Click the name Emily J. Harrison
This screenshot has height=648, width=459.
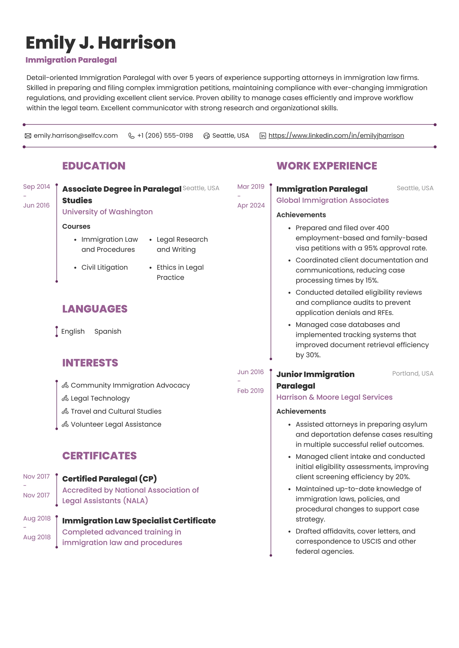click(x=101, y=43)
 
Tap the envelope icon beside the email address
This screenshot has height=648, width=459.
click(x=28, y=136)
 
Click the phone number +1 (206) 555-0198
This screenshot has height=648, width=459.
click(x=165, y=136)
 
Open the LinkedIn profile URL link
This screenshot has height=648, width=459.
click(x=336, y=136)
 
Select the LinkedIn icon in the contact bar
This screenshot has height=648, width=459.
click(x=263, y=136)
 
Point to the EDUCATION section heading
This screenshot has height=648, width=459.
click(x=94, y=166)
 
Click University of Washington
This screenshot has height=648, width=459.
click(x=107, y=212)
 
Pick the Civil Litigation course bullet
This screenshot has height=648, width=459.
click(x=104, y=267)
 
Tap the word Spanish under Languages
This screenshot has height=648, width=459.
click(x=108, y=331)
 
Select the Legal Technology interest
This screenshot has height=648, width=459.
click(x=100, y=398)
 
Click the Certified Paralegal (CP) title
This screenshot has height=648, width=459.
click(x=109, y=479)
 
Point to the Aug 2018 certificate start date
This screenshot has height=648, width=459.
click(x=37, y=518)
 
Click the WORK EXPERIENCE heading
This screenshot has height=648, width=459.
click(x=327, y=166)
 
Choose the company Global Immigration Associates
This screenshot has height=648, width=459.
click(x=333, y=200)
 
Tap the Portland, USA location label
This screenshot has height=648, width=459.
click(x=413, y=373)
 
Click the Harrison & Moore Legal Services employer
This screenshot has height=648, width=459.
click(x=334, y=397)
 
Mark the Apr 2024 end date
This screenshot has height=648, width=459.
click(x=251, y=205)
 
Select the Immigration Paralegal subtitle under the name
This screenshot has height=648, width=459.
click(x=71, y=60)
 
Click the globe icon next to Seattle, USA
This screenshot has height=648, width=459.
click(x=206, y=136)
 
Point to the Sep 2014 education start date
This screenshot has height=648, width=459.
click(x=36, y=187)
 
